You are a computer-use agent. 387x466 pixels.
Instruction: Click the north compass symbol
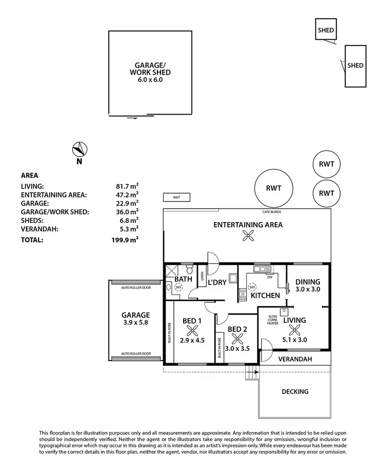click(x=79, y=149)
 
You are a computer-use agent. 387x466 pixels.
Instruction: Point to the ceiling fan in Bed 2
click(x=238, y=339)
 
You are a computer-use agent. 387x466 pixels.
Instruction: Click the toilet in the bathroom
click(x=190, y=270)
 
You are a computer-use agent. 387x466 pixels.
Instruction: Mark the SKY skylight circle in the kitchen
click(x=252, y=287)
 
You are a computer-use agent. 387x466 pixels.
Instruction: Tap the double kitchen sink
click(x=262, y=269)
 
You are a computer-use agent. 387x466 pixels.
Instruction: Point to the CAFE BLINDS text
click(x=271, y=212)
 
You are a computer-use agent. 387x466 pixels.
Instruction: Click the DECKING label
click(x=295, y=392)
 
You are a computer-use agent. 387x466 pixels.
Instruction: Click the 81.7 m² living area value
click(x=127, y=186)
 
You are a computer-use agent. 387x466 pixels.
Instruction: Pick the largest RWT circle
click(x=273, y=188)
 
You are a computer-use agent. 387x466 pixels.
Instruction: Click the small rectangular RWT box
click(x=176, y=197)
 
